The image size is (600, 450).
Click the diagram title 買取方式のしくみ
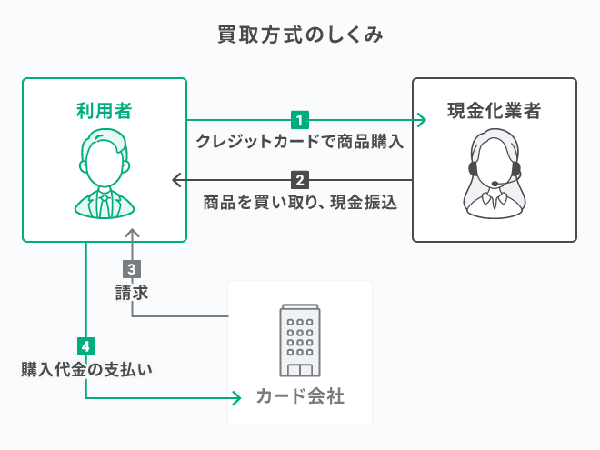coord(300,35)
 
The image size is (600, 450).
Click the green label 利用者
coord(104,111)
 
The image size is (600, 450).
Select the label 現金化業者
coord(495,111)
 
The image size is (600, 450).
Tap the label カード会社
coord(300,397)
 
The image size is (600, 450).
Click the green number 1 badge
coord(300,119)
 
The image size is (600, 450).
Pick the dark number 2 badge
coord(300,179)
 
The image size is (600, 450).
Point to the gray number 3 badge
coord(132,269)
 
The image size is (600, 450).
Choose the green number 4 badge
coord(86,346)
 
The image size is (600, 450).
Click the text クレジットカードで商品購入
coord(300,143)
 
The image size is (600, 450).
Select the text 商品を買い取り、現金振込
coord(300,202)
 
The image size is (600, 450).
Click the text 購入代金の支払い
coord(86,369)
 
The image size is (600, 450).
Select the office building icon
coord(300,340)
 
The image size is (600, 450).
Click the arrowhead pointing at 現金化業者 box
coord(420,119)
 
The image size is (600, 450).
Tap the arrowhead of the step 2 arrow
coord(178,179)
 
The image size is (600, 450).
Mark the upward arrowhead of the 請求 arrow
coord(132,234)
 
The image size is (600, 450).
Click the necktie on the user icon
coord(104,204)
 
